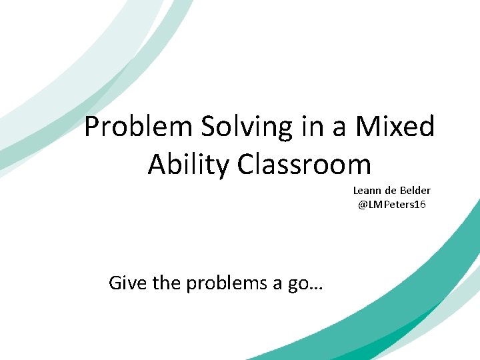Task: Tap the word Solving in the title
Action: pyautogui.click(x=245, y=127)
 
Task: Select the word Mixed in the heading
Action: pyautogui.click(x=395, y=127)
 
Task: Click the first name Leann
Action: pyautogui.click(x=367, y=191)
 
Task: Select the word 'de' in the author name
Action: pyautogui.click(x=391, y=191)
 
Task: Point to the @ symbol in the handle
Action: pyautogui.click(x=363, y=204)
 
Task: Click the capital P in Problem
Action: pyautogui.click(x=92, y=127)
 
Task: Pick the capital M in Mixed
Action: pyautogui.click(x=365, y=127)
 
